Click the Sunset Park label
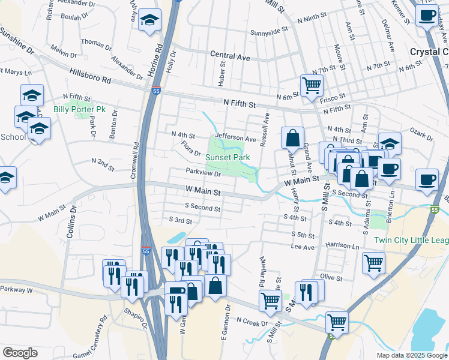pos(228,157)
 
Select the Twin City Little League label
pos(411,240)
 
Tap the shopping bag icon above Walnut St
pos(292,137)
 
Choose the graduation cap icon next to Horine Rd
pos(149,20)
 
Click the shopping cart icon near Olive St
pos(373,262)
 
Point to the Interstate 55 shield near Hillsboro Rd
pos(156,91)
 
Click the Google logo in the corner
pos(20,352)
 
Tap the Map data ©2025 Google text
pos(411,355)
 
